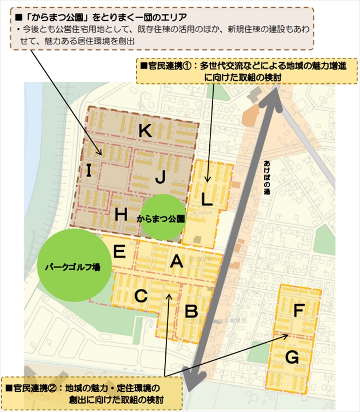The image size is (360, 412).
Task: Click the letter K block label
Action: click(145, 131)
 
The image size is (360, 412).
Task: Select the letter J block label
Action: click(160, 178)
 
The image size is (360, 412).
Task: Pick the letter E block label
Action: click(119, 251)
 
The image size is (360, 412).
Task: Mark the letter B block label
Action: click(191, 310)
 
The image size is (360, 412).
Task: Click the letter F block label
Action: click(299, 309)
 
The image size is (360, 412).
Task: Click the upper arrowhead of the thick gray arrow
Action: click(277, 97)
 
